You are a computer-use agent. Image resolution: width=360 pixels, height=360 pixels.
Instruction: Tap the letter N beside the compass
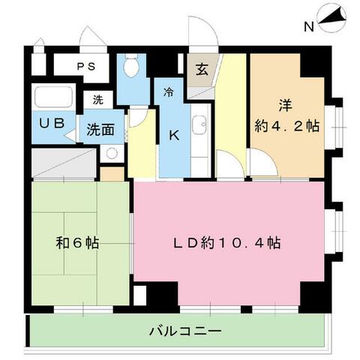coord(308,28)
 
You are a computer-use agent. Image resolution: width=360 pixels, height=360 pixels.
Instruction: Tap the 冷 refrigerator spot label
coord(169,94)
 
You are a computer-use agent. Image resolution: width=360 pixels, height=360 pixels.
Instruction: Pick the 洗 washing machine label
coord(98,99)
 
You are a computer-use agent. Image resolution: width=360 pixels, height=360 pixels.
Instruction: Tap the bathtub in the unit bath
coord(52,98)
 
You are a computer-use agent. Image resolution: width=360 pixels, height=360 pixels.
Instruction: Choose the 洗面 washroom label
coord(99,128)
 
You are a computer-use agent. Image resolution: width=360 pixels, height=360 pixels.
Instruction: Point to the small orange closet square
coord(111,174)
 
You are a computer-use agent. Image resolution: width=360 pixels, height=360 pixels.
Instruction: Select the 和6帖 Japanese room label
coord(79,243)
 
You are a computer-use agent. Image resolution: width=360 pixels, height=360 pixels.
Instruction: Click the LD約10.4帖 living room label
coord(228,243)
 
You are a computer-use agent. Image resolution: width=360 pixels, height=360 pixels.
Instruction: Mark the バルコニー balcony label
coord(184,331)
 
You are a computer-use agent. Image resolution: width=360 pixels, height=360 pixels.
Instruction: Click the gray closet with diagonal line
coord(64,162)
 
